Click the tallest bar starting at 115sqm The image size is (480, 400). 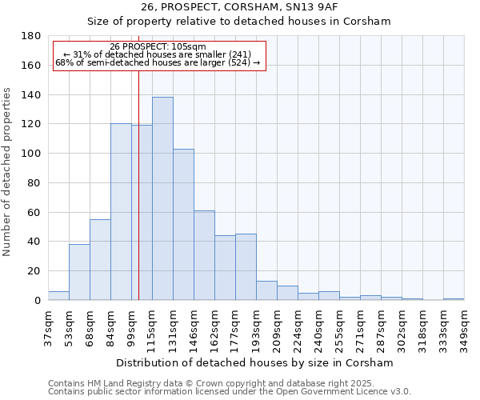pos(162,198)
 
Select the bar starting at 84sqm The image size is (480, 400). pos(121,212)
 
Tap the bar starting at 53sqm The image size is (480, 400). pos(79,272)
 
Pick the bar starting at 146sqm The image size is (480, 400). pos(204,255)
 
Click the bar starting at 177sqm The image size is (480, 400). pos(246,267)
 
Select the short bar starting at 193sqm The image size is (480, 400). pos(266,291)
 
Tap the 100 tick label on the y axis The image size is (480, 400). pos(32,154)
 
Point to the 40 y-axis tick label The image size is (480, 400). pos(34,242)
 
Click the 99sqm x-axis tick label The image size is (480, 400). pos(131,326)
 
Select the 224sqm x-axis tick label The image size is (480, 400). pos(298,326)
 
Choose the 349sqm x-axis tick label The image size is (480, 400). pos(464,326)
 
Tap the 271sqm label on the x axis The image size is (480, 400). pos(360,326)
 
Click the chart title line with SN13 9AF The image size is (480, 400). pos(239,6)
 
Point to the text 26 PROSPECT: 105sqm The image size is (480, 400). pos(158,47)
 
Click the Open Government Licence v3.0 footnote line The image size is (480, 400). pos(230,391)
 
